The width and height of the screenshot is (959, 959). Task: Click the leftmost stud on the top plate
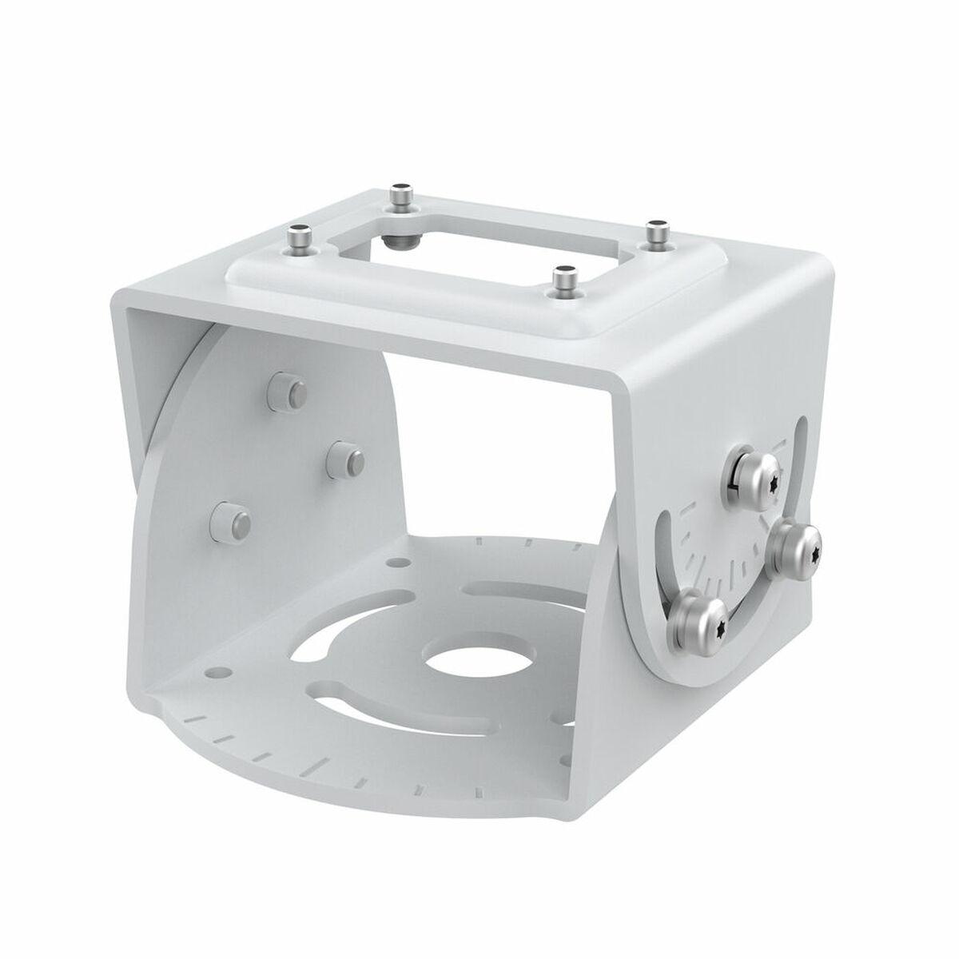[300, 237]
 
